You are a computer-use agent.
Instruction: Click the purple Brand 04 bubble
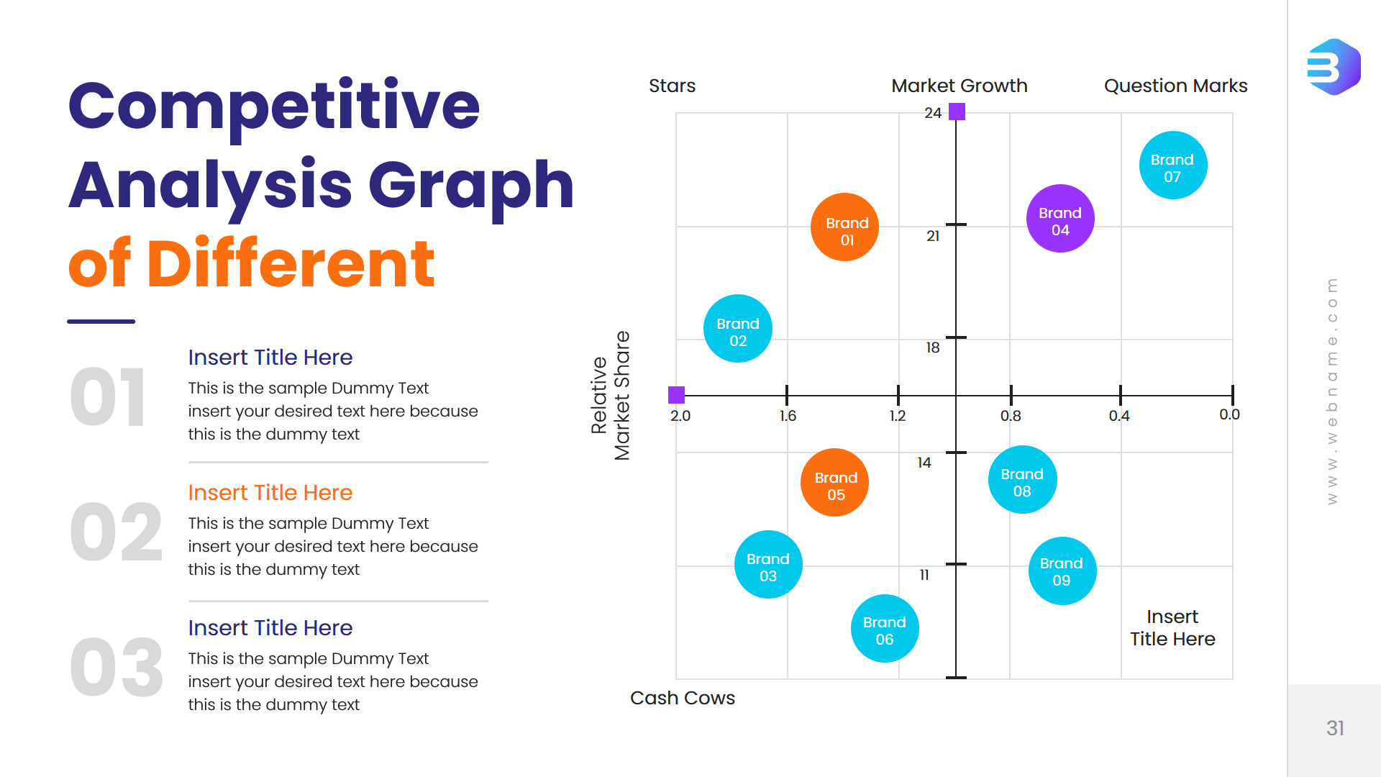tap(1060, 219)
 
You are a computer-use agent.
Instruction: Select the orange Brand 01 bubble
tap(845, 227)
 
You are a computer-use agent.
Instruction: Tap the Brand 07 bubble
tap(1173, 165)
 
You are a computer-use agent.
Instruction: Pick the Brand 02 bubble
tap(737, 329)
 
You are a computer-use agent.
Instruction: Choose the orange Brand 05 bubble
tap(834, 483)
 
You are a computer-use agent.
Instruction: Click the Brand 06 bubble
tap(885, 629)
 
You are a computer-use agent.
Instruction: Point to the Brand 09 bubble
tap(1062, 571)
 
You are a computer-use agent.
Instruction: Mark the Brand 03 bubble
tap(768, 565)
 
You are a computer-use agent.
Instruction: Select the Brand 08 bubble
tap(1022, 480)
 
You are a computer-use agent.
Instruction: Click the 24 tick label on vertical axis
tap(933, 113)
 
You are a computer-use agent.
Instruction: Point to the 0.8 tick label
tap(1011, 416)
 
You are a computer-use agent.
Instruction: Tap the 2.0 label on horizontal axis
tap(680, 416)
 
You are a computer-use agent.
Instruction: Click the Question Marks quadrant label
tap(1175, 86)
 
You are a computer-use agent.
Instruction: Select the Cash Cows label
tap(683, 698)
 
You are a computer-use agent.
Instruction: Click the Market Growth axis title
tap(959, 86)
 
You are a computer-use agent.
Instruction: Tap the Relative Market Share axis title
tap(610, 396)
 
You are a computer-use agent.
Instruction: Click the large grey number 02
tap(117, 533)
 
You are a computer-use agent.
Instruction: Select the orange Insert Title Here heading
tap(270, 493)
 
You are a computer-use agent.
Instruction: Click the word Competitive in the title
tap(274, 106)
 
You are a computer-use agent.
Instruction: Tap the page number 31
tap(1335, 728)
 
